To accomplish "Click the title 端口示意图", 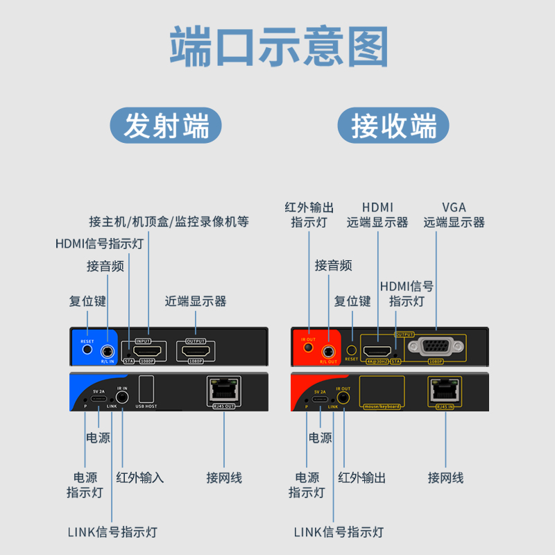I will (277, 47).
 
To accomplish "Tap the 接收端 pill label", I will (393, 127).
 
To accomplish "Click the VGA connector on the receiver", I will (435, 349).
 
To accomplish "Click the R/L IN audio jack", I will (108, 352).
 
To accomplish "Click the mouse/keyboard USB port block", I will (382, 391).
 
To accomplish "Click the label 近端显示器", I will (196, 302).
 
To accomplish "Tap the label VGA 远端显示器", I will (454, 215).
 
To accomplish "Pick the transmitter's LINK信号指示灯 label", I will (112, 532).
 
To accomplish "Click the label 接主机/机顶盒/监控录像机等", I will (169, 222).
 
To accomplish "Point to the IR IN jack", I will (121, 397).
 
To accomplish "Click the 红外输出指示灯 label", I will (309, 215).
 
